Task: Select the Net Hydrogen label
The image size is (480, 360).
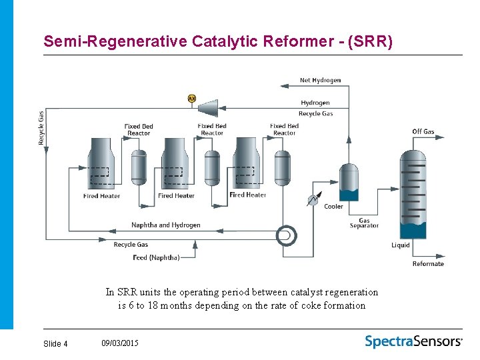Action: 320,80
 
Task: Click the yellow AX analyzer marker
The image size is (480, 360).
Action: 192,99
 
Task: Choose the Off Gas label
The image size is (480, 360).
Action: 423,131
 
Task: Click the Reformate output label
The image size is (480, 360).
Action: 427,264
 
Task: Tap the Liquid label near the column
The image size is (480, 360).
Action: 400,245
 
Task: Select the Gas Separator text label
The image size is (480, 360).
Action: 364,223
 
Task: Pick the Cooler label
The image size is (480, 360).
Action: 333,207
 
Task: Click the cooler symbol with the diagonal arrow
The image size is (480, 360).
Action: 312,199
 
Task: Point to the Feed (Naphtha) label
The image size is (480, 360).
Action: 156,257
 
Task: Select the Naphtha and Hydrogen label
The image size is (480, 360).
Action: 165,225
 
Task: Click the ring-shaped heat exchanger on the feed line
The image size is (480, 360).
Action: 287,234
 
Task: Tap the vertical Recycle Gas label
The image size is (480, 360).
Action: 41,128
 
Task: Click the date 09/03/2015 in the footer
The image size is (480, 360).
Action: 120,343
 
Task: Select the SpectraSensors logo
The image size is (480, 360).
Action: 413,341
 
